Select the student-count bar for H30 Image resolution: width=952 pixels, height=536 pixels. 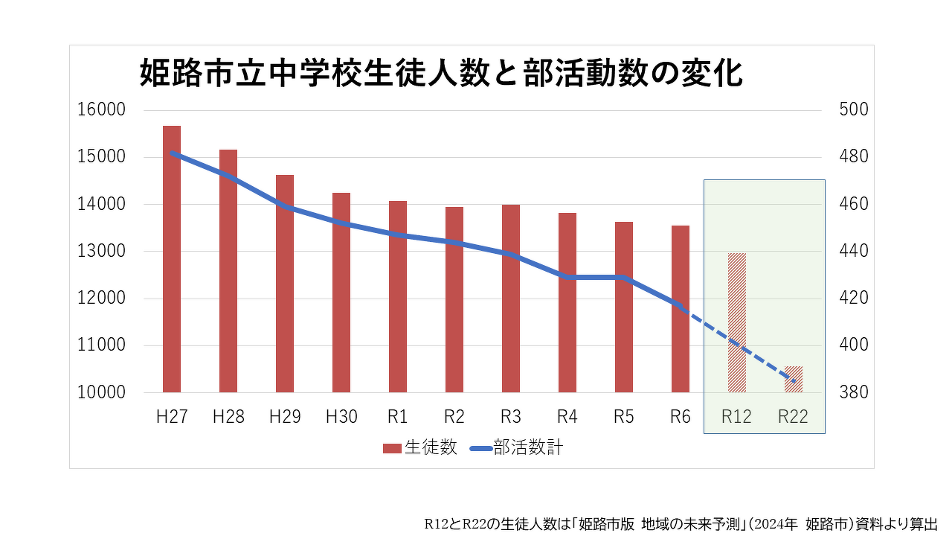pos(341,293)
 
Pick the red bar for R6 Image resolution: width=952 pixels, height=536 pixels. pos(681,309)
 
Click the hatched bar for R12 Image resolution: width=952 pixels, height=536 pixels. pos(737,322)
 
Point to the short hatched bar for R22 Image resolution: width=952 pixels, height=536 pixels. pos(794,379)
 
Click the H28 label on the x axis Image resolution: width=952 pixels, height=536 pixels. pos(228,417)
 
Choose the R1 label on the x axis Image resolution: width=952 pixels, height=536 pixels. pos(398,417)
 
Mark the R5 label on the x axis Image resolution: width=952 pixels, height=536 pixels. pos(624,417)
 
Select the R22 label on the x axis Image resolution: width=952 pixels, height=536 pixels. pos(794,417)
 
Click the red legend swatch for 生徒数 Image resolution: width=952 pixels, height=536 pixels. pos(392,448)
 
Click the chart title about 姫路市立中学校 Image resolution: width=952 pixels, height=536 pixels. pos(442,75)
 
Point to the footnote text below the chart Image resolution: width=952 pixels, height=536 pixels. pos(681,523)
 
